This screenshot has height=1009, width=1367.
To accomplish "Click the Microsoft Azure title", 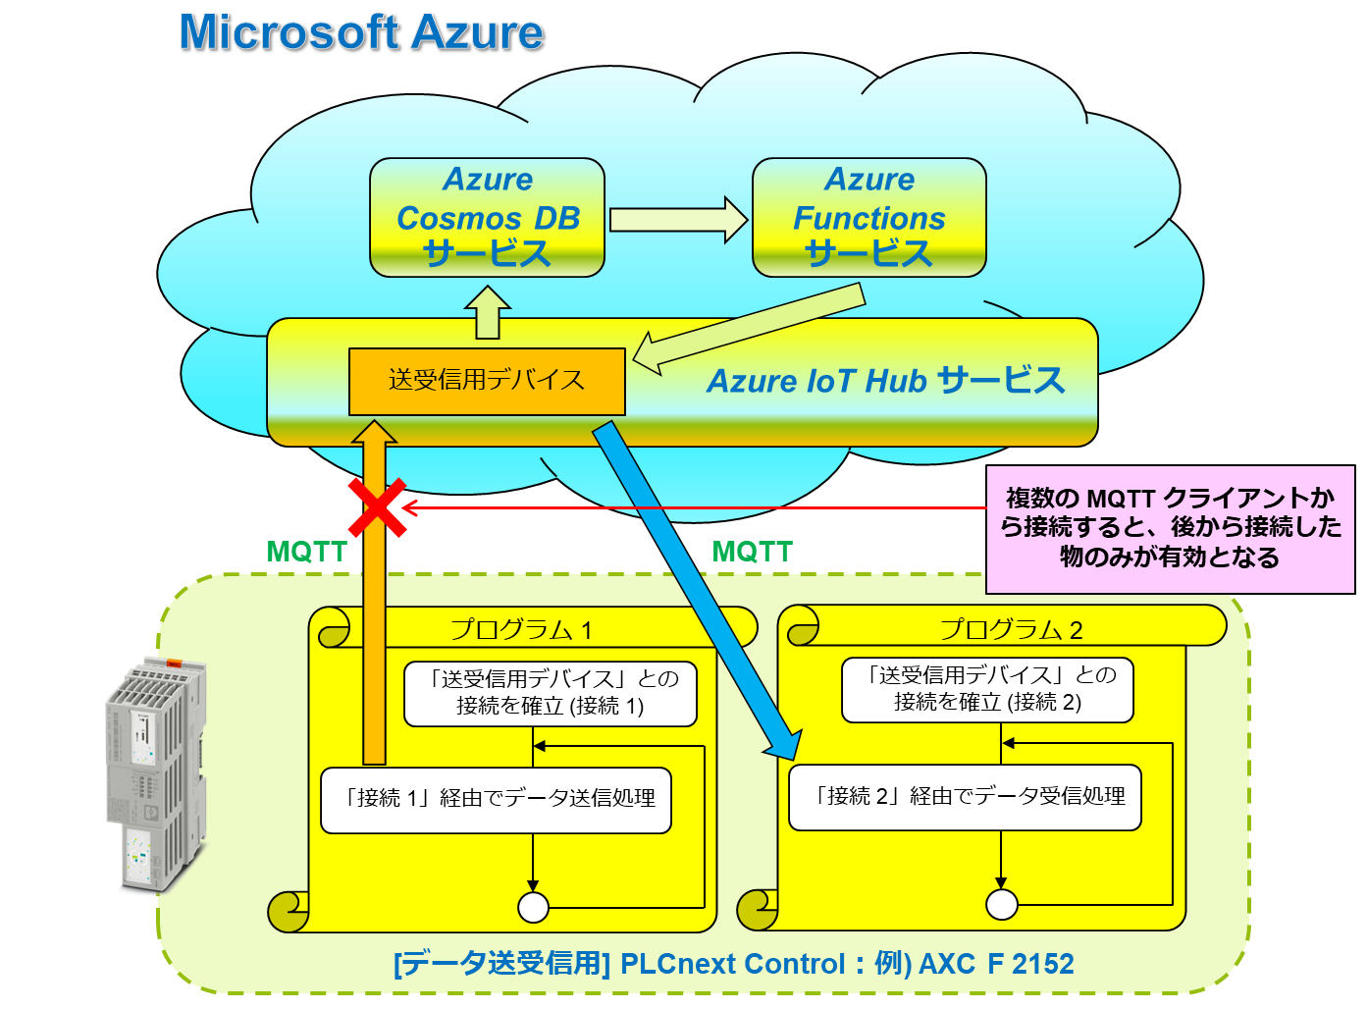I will coord(361,32).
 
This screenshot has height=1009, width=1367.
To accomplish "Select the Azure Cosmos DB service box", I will coord(487,217).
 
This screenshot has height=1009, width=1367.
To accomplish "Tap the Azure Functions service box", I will coord(868,217).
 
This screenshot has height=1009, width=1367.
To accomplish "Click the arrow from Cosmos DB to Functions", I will coord(678,219).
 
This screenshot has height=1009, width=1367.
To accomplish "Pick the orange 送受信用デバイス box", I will coord(487,381).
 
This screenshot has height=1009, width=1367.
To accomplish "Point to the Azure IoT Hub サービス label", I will coord(885,381).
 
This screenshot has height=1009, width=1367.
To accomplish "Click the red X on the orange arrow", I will coord(377,507).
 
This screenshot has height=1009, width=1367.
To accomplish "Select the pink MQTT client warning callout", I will coord(1170,529).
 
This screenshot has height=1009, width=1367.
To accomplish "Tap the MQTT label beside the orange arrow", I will coord(306,552).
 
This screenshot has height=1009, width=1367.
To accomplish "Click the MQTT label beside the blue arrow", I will coord(752,552).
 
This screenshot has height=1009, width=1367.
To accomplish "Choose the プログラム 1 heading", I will coord(520,629).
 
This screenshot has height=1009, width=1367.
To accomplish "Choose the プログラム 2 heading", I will coord(1011,629).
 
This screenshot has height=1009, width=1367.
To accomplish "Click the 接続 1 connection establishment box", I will coord(550,692).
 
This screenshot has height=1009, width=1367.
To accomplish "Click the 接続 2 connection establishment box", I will coord(987,689).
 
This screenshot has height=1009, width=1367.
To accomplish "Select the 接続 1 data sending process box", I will coord(497,799).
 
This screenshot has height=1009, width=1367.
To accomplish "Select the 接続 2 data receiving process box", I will coord(966,797).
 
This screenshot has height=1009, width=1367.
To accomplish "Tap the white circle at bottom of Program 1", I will coord(533,907).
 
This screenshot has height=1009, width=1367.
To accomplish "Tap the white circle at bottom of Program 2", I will coord(1001,904).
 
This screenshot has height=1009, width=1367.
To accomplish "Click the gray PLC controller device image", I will coord(157,775).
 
